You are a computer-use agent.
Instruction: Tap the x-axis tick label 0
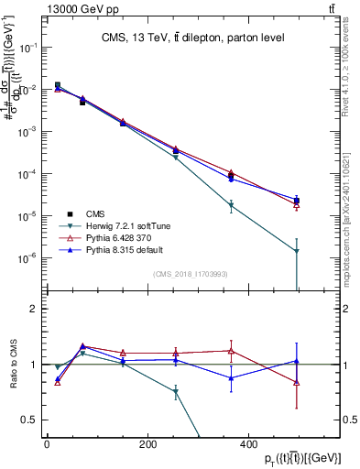click(x=47, y=444)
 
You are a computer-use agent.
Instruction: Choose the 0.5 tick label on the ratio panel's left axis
click(x=31, y=420)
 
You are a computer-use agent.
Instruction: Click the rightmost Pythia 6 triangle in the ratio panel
click(x=297, y=382)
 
